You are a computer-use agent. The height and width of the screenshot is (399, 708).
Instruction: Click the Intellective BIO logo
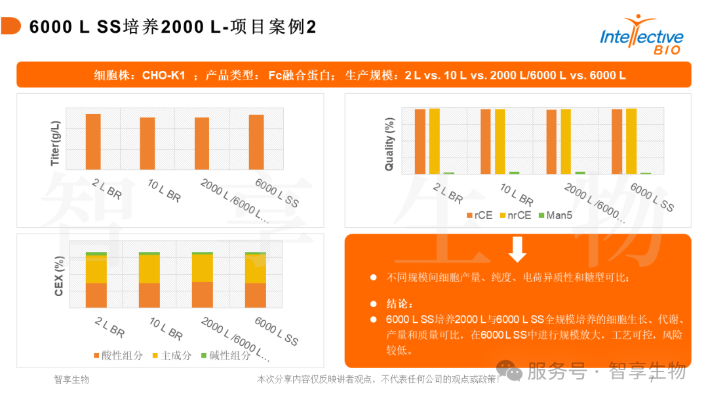(x=641, y=37)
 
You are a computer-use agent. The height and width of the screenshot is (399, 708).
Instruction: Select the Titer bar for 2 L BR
(x=93, y=142)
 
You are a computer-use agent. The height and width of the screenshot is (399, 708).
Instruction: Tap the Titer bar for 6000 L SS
(x=256, y=142)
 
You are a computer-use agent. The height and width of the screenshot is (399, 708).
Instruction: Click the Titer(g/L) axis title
(x=56, y=142)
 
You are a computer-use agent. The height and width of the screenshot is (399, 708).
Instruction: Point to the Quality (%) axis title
(x=389, y=144)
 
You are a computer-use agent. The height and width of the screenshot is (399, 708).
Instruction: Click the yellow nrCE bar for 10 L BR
(x=500, y=141)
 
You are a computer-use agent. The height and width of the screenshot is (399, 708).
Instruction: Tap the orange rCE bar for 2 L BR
(x=420, y=141)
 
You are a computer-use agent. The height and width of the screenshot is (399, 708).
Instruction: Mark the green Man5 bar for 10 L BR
(x=515, y=173)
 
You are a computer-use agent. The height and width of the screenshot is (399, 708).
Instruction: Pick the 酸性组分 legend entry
(x=117, y=355)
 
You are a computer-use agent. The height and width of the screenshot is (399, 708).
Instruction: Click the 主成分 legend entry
(x=172, y=355)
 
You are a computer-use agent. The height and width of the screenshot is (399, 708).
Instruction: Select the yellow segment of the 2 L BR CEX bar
(x=96, y=270)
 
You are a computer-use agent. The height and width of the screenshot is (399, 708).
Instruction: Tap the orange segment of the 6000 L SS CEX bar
(x=256, y=295)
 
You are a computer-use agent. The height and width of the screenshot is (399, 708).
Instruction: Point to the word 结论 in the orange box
(x=399, y=304)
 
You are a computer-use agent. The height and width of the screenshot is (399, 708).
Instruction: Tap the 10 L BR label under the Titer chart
(x=164, y=191)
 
